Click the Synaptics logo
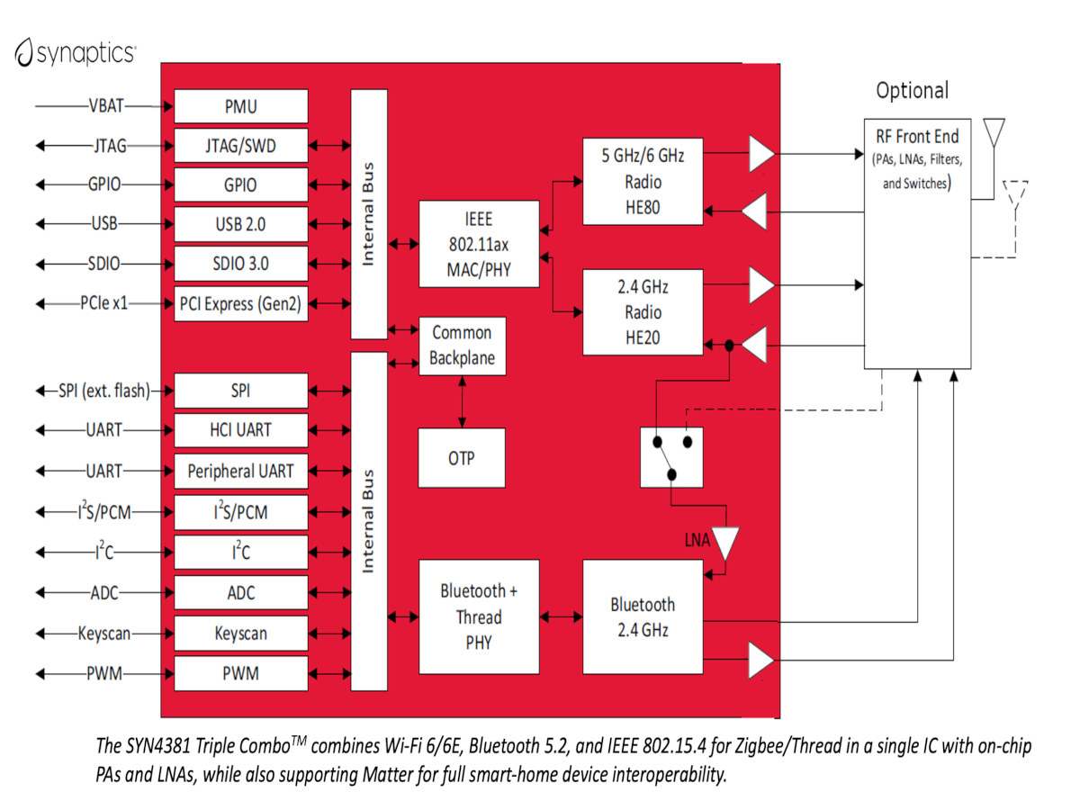coord(76,52)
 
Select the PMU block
coord(240,106)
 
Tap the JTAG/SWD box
coord(240,146)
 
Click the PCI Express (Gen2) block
coord(240,303)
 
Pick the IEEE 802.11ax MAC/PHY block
coord(479,244)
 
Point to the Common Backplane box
coord(462,346)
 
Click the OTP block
coord(462,458)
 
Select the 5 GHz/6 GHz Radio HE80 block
coord(643,182)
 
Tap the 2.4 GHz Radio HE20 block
coord(643,312)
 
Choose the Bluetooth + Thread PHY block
coord(479,616)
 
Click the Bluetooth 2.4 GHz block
coord(643,616)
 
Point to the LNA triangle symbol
coord(725,543)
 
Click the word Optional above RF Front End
coord(913,91)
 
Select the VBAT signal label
coord(106,105)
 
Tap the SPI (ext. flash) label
coord(104,391)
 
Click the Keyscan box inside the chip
coord(240,633)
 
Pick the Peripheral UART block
coord(240,471)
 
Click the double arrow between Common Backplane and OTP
coord(462,401)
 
